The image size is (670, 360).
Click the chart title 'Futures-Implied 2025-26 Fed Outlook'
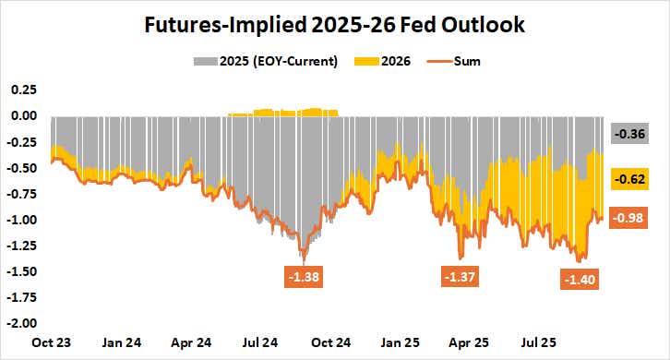(x=334, y=25)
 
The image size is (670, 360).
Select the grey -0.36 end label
(x=631, y=134)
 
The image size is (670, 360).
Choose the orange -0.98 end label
(x=631, y=218)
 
